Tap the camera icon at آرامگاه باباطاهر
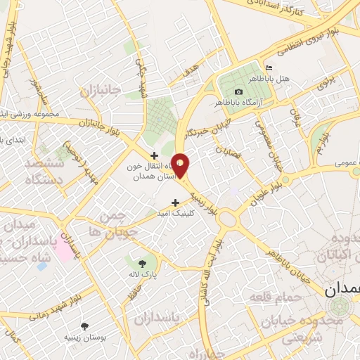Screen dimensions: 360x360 point(238,92)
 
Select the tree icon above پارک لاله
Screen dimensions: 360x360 point(143,263)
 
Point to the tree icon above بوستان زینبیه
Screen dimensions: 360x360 point(85,327)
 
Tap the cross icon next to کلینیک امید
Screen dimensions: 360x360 point(175,203)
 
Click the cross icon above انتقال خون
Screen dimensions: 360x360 point(154,155)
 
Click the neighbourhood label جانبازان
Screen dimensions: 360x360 point(101,91)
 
